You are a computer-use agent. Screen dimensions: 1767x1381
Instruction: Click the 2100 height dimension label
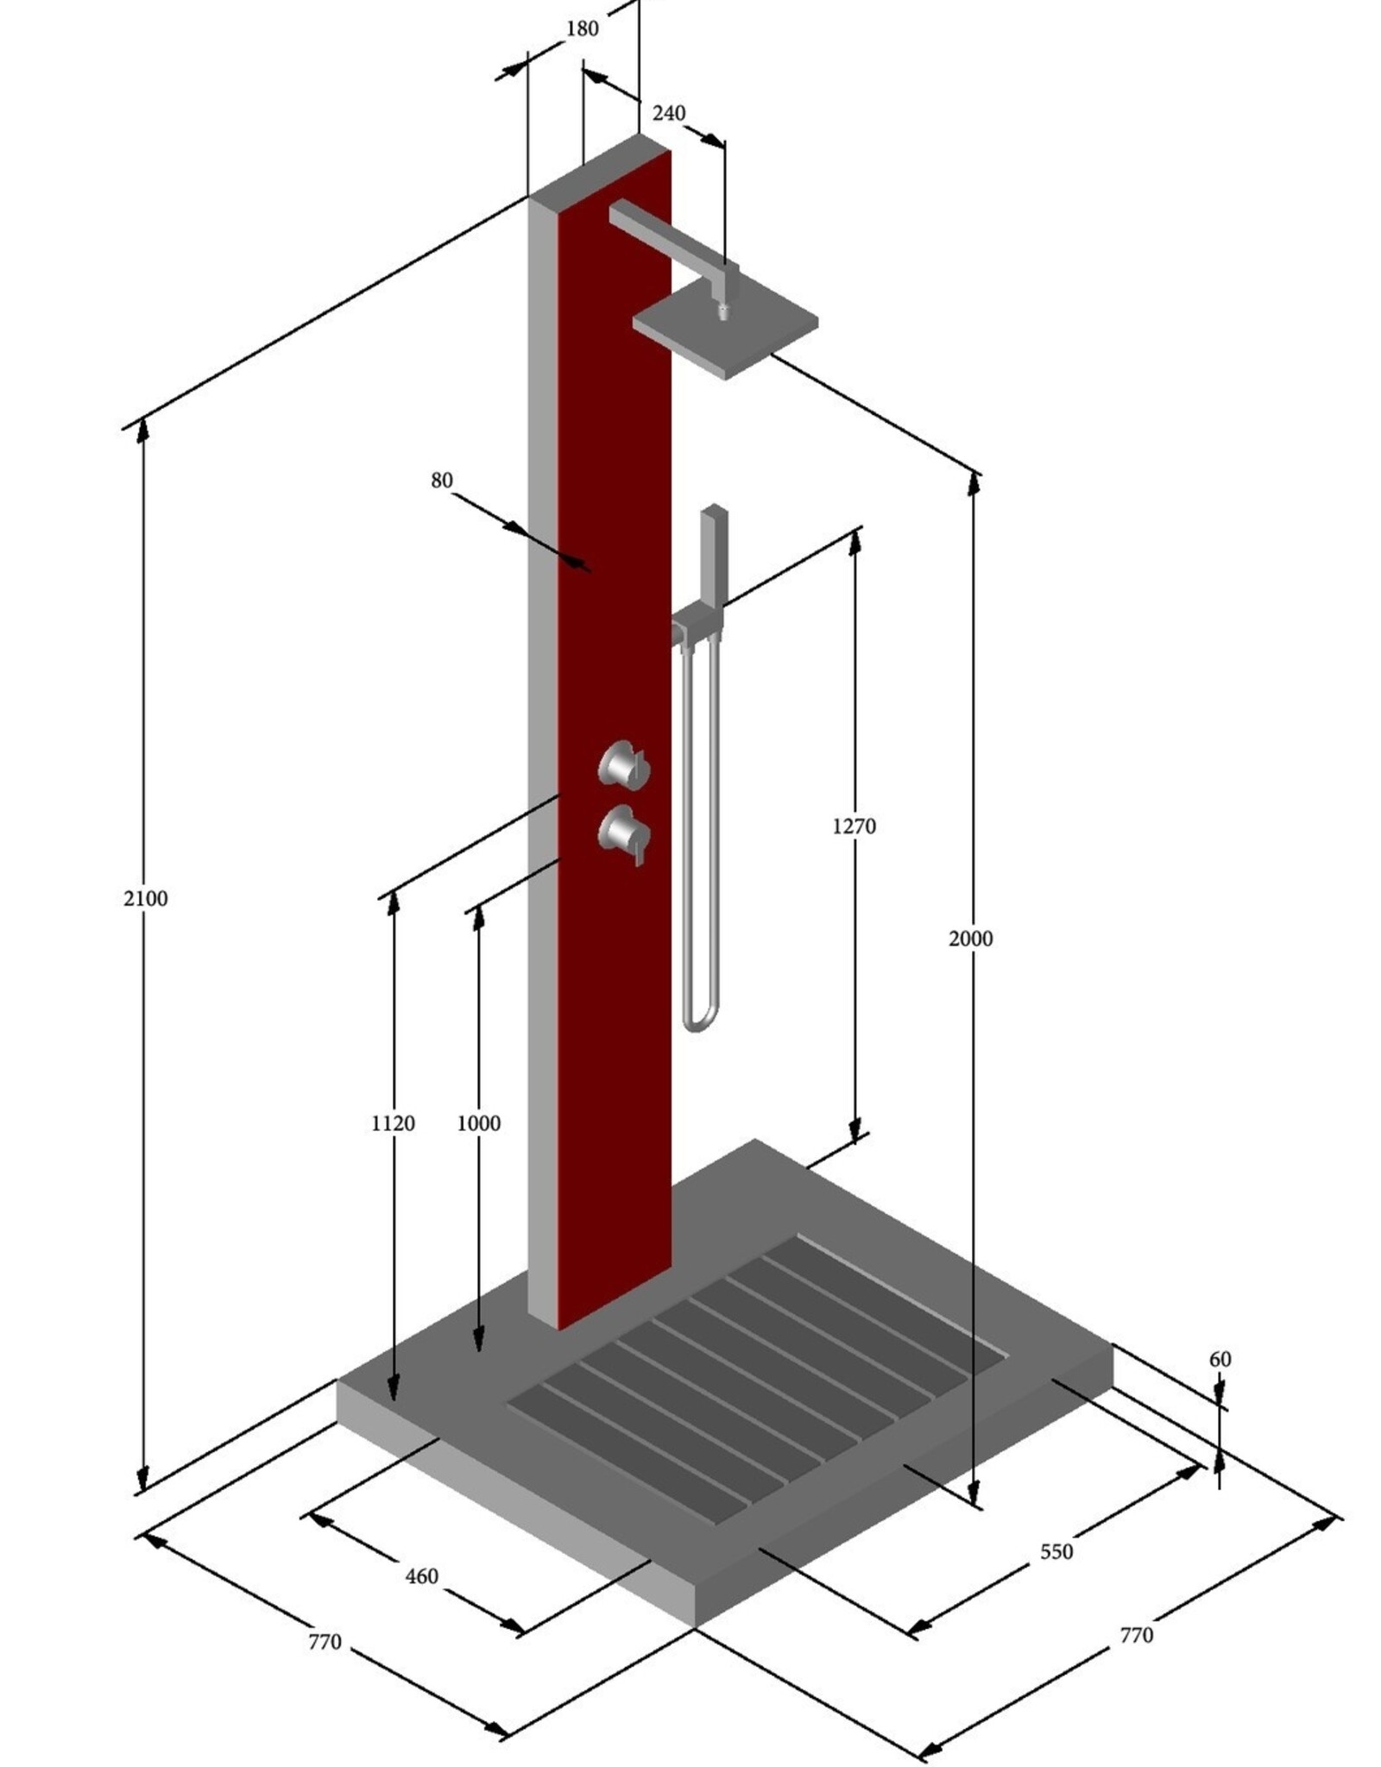pos(145,898)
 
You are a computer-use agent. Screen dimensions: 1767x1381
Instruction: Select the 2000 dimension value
pos(970,938)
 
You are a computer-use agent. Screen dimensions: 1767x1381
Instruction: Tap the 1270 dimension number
pos(854,826)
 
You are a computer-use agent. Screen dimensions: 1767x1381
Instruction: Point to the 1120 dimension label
pos(393,1123)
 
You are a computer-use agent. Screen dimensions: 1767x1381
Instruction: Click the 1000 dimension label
pos(478,1123)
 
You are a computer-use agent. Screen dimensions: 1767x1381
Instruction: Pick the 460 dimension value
pos(421,1576)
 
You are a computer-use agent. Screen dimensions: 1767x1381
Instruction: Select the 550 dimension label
pos(1056,1551)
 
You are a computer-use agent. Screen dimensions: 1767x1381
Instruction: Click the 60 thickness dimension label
pos(1219,1359)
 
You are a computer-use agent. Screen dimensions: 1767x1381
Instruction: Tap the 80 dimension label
pos(441,480)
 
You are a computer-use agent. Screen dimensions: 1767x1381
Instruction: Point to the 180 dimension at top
pos(582,28)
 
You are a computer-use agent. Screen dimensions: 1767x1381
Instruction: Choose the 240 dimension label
pos(668,113)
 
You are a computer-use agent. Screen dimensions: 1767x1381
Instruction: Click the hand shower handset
pos(715,552)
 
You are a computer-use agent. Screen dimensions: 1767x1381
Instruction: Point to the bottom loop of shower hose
pos(699,1023)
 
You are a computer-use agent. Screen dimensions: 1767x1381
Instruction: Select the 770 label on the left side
pos(325,1641)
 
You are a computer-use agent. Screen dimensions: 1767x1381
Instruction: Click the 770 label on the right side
pos(1135,1635)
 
